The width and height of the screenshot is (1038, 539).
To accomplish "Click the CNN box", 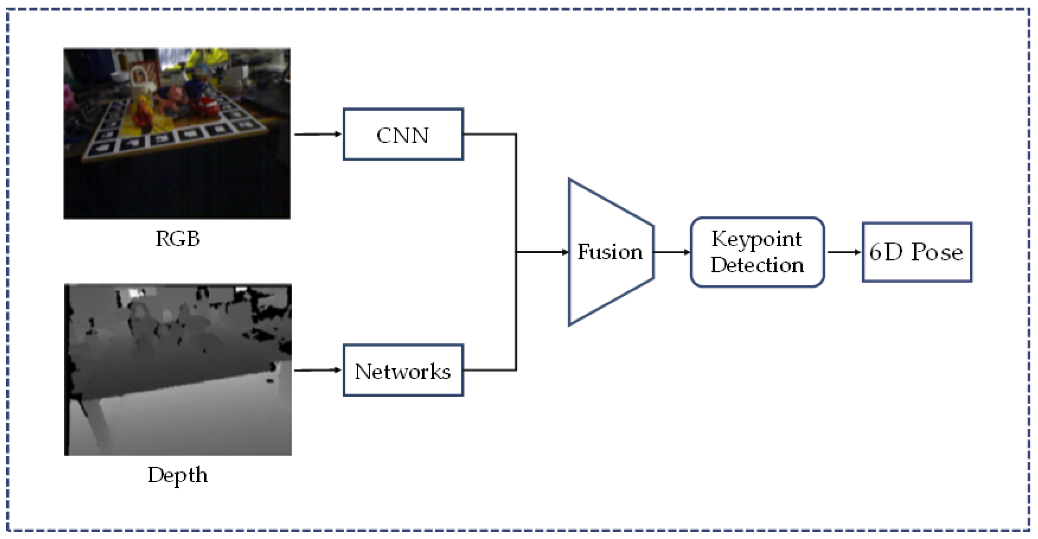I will tap(403, 134).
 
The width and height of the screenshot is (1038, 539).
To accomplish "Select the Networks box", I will tap(403, 370).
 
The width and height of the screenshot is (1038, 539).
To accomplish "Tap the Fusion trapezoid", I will tap(610, 252).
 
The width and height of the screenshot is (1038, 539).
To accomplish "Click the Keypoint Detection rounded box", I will tap(757, 252).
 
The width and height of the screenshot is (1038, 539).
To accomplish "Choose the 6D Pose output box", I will tap(917, 252).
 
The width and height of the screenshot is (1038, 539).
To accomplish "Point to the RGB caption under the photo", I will tap(178, 239).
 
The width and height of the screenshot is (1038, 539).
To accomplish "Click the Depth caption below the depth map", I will tap(178, 475).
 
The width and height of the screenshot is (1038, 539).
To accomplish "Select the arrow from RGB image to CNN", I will tap(317, 134).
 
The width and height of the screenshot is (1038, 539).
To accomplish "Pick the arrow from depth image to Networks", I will tap(317, 370).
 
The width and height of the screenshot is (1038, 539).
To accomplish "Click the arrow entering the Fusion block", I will tap(542, 252).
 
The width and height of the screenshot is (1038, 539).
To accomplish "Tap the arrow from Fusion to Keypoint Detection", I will tap(671, 252).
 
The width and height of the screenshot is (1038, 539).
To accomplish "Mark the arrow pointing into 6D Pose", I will tap(844, 252).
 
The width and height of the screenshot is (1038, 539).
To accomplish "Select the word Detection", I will tap(757, 265).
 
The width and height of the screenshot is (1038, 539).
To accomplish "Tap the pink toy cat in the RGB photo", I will tap(171, 99).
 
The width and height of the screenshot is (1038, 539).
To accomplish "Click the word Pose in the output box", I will tap(937, 252).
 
